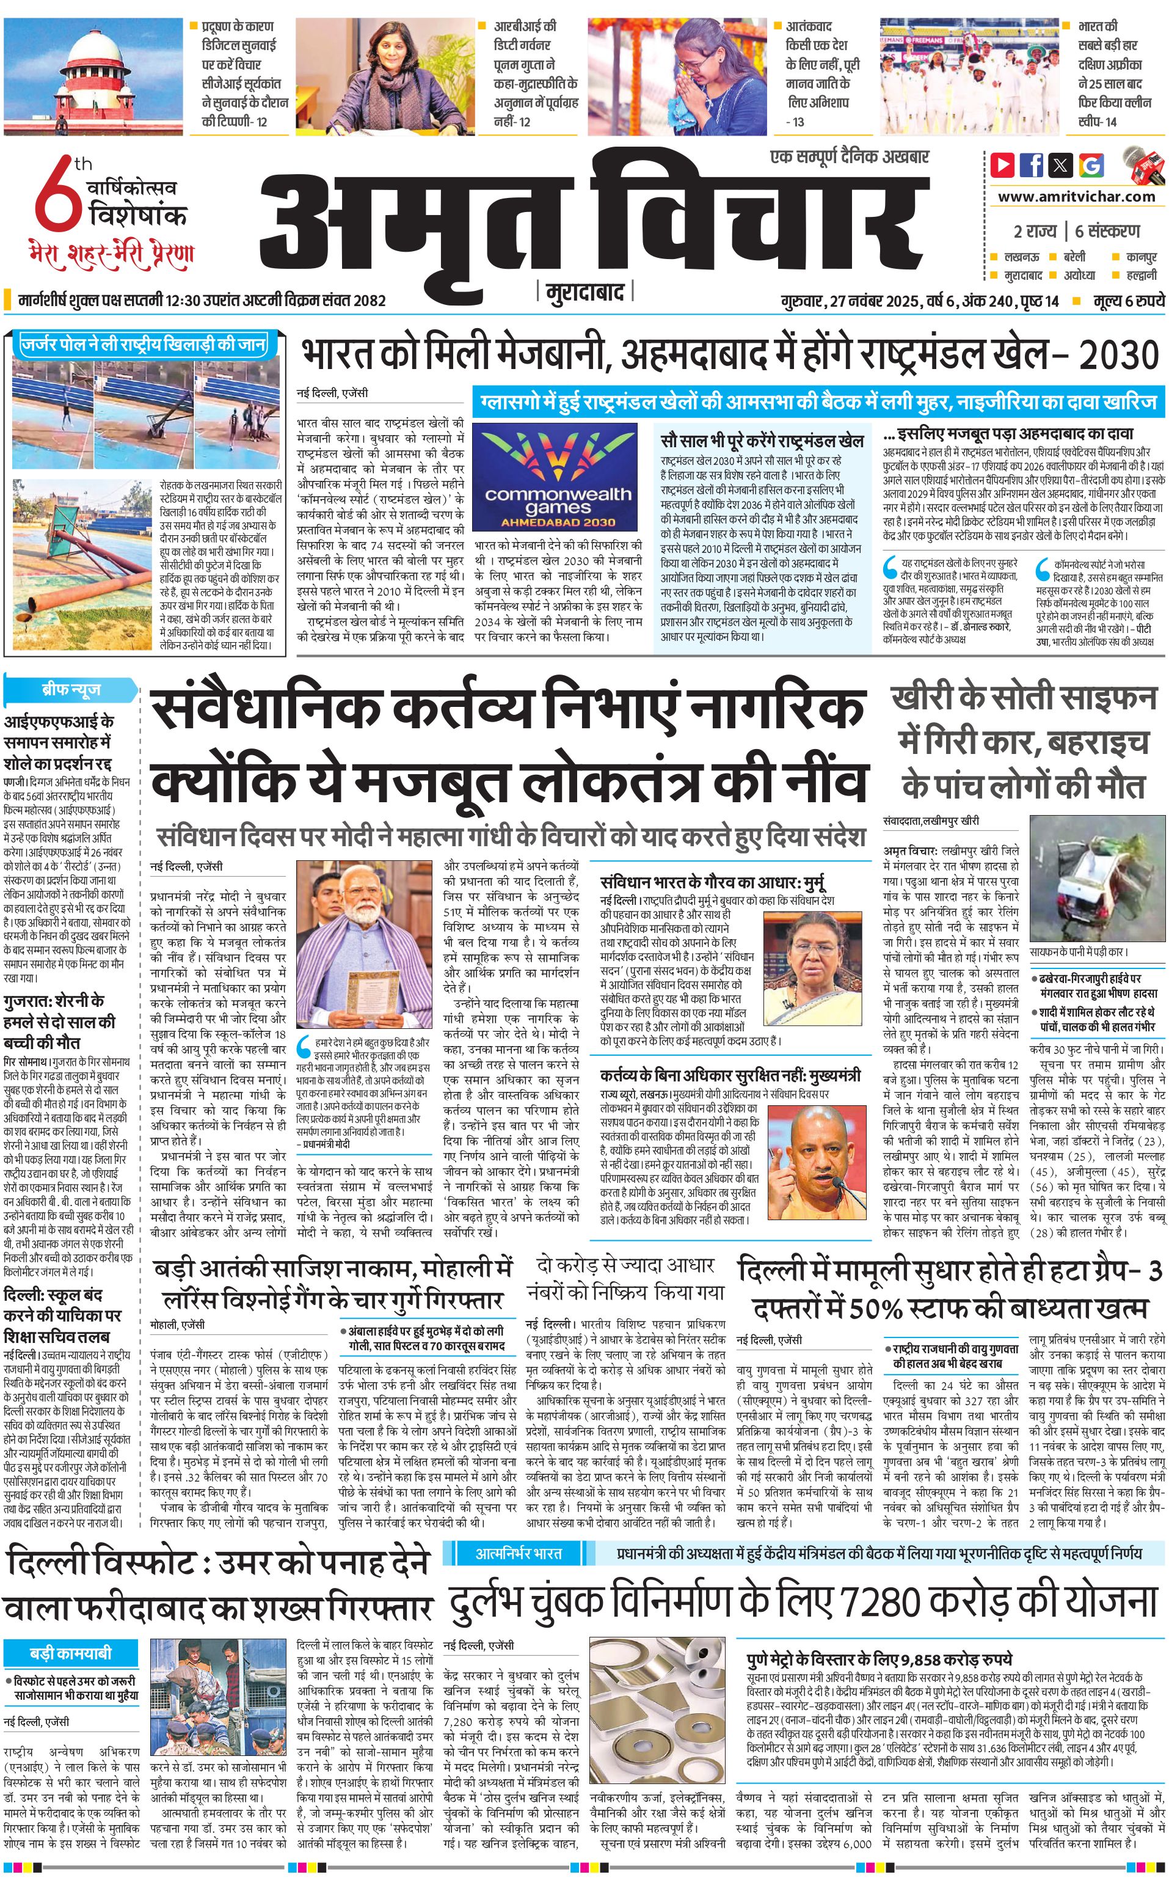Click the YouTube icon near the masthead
click(x=1003, y=165)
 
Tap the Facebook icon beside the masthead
click(x=1032, y=165)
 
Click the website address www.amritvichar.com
click(x=1076, y=197)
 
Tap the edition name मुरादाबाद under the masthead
click(x=584, y=292)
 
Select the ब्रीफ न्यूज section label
click(x=71, y=690)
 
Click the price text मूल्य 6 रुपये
click(x=1128, y=301)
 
